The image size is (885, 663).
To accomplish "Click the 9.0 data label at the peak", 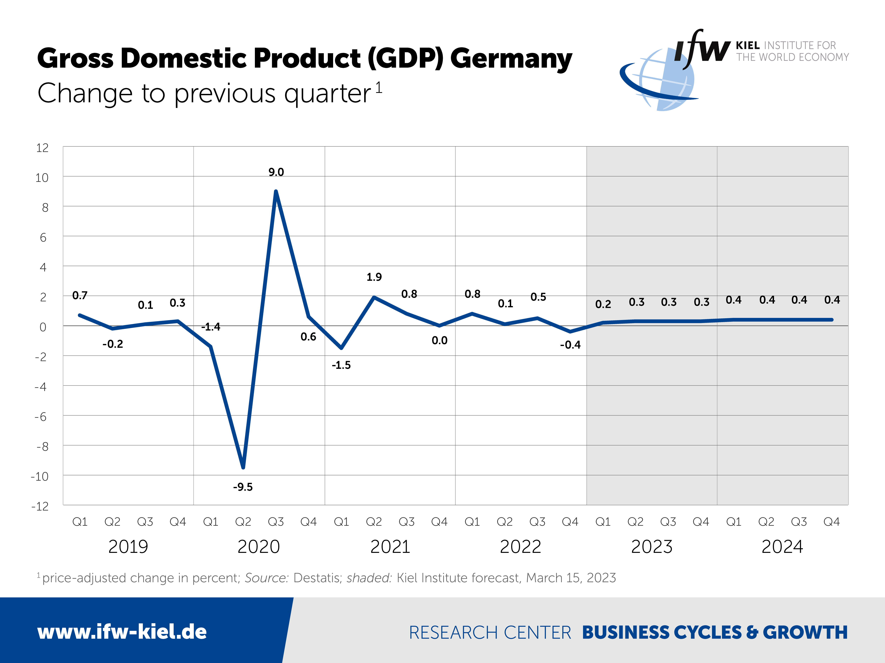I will [276, 172].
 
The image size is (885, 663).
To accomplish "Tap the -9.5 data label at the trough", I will [243, 487].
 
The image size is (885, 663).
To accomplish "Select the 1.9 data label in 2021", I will [374, 277].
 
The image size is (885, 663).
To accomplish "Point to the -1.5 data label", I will [341, 365].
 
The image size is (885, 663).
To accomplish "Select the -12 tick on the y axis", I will [40, 506].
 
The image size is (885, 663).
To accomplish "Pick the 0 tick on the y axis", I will [43, 327].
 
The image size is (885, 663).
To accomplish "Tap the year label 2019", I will [128, 546].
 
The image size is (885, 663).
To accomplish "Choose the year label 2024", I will [782, 546].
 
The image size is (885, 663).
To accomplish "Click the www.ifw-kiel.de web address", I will [122, 632].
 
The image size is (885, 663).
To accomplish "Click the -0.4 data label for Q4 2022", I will [570, 345].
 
